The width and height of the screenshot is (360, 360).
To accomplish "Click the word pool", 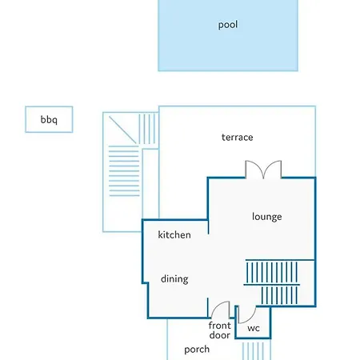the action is (x=228, y=25).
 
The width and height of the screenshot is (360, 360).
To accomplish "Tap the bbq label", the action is (x=49, y=119).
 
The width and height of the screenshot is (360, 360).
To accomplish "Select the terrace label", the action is (x=238, y=138).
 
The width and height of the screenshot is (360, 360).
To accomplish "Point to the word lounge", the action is (x=267, y=217).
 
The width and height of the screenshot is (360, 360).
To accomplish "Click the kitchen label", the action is (x=174, y=234).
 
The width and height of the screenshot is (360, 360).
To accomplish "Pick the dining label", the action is (x=174, y=279).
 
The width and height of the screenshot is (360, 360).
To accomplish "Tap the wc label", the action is (x=254, y=328).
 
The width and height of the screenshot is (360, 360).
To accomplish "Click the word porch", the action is (x=197, y=350).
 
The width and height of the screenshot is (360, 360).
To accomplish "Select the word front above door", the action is (x=220, y=326).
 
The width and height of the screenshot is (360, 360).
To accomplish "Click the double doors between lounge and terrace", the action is (x=263, y=169).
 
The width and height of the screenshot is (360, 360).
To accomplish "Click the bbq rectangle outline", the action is (x=49, y=106).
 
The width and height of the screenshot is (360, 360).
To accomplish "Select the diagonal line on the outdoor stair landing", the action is (x=122, y=130).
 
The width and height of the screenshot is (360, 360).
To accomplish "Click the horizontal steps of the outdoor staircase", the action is (x=124, y=171).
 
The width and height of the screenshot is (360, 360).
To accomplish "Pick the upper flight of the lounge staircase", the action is (x=272, y=272).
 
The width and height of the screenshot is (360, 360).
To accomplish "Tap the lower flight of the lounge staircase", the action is (x=279, y=295).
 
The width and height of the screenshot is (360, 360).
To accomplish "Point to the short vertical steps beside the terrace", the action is (x=147, y=130).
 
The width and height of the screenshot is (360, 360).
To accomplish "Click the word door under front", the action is (x=220, y=335).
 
